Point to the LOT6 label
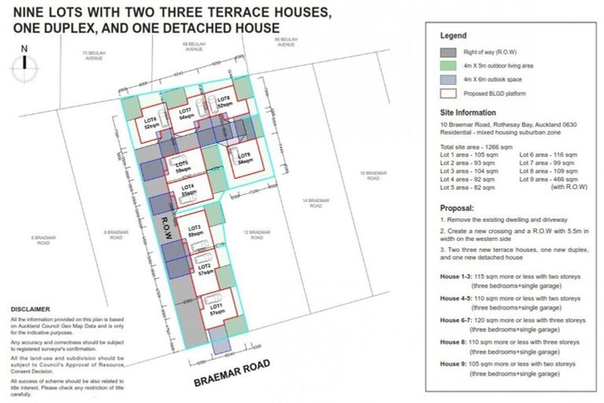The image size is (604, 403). tap(151, 121)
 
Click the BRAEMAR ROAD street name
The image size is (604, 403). tap(232, 372)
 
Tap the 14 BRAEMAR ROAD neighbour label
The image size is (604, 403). tap(314, 203)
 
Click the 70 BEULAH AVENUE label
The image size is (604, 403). tap(94, 55)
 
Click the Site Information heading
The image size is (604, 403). tap(468, 113)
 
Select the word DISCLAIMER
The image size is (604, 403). tap(30, 309)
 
